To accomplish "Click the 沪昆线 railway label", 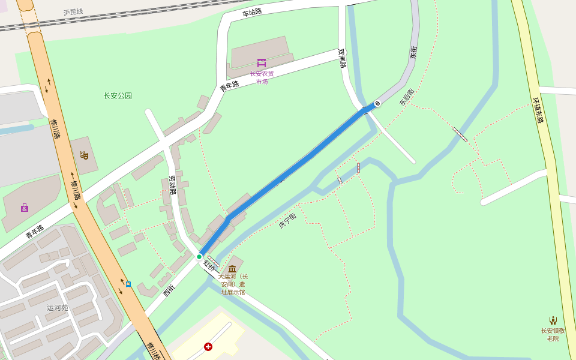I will pyautogui.click(x=73, y=12).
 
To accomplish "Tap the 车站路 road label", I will pyautogui.click(x=252, y=13).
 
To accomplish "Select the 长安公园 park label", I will pyautogui.click(x=118, y=95).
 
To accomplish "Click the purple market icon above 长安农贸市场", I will pyautogui.click(x=262, y=63).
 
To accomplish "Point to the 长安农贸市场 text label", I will pyautogui.click(x=262, y=77).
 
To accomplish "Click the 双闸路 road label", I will pyautogui.click(x=342, y=58).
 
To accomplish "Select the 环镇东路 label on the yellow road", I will pyautogui.click(x=538, y=110).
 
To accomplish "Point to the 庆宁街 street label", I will pyautogui.click(x=287, y=221).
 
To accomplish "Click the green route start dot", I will pyautogui.click(x=199, y=257).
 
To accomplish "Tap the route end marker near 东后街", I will pyautogui.click(x=377, y=103).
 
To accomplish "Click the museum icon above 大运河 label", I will pyautogui.click(x=232, y=268).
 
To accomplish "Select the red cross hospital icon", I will pyautogui.click(x=208, y=347).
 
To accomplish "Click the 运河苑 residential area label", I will pyautogui.click(x=58, y=308).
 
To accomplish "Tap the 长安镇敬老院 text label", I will pyautogui.click(x=553, y=334).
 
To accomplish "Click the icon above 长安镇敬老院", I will pyautogui.click(x=553, y=320).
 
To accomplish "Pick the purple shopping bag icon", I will pyautogui.click(x=25, y=208).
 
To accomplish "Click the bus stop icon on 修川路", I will pyautogui.click(x=128, y=284).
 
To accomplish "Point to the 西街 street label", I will pyautogui.click(x=169, y=291).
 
